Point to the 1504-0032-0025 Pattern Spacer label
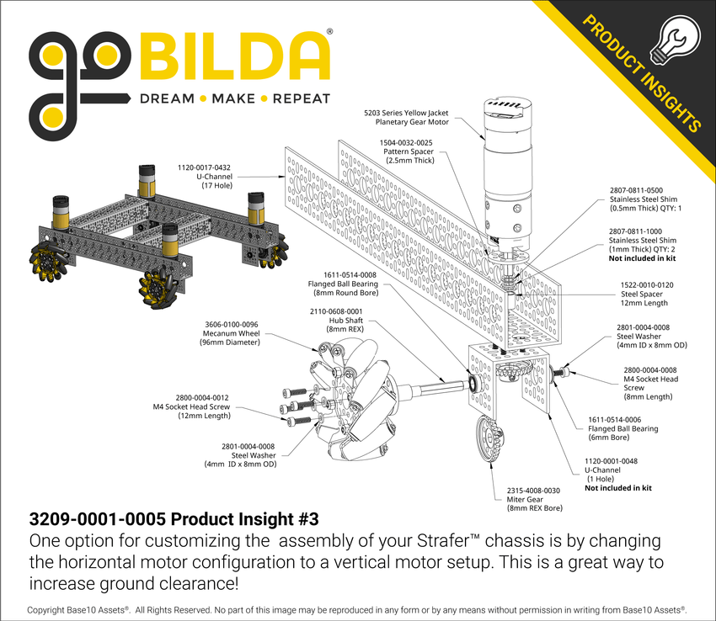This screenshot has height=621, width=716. [x=407, y=151]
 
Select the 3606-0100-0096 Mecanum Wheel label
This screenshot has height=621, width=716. [x=231, y=333]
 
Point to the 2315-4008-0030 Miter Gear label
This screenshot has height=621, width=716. [x=532, y=499]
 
